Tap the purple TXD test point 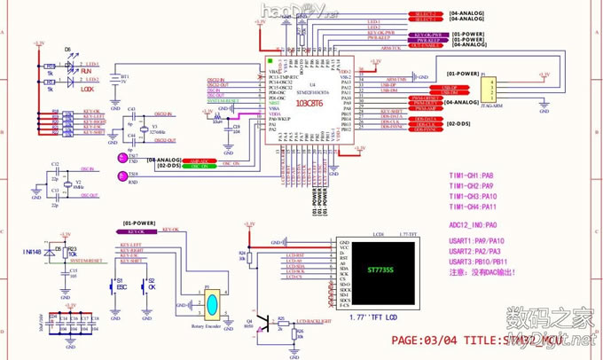click(x=120, y=154)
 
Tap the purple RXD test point click(x=121, y=175)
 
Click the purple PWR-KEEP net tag click(x=379, y=38)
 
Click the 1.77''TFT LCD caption click(x=372, y=317)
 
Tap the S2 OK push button click(x=152, y=287)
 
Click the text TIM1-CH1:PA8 click(x=470, y=176)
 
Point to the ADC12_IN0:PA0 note click(x=474, y=225)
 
